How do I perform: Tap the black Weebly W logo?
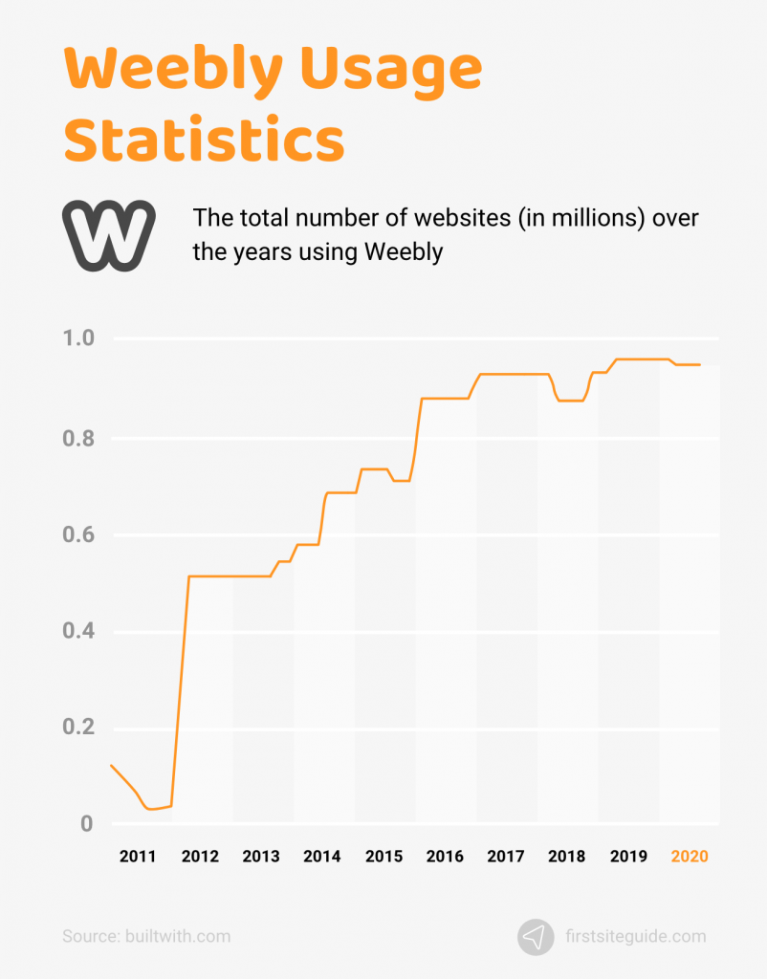click(x=109, y=233)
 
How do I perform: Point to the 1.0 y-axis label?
click(x=79, y=338)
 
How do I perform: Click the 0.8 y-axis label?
click(x=79, y=439)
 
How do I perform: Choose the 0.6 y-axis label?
click(x=79, y=534)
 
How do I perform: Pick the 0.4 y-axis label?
click(x=79, y=632)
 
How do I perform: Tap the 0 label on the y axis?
click(x=85, y=823)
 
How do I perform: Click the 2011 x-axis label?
click(x=138, y=857)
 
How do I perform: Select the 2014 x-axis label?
click(x=322, y=857)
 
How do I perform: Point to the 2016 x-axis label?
click(x=445, y=857)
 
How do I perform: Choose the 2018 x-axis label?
click(x=566, y=857)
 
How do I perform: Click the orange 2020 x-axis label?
click(x=690, y=857)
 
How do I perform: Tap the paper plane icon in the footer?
click(x=536, y=937)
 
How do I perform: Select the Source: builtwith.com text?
click(x=146, y=937)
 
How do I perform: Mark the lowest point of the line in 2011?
click(x=151, y=809)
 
